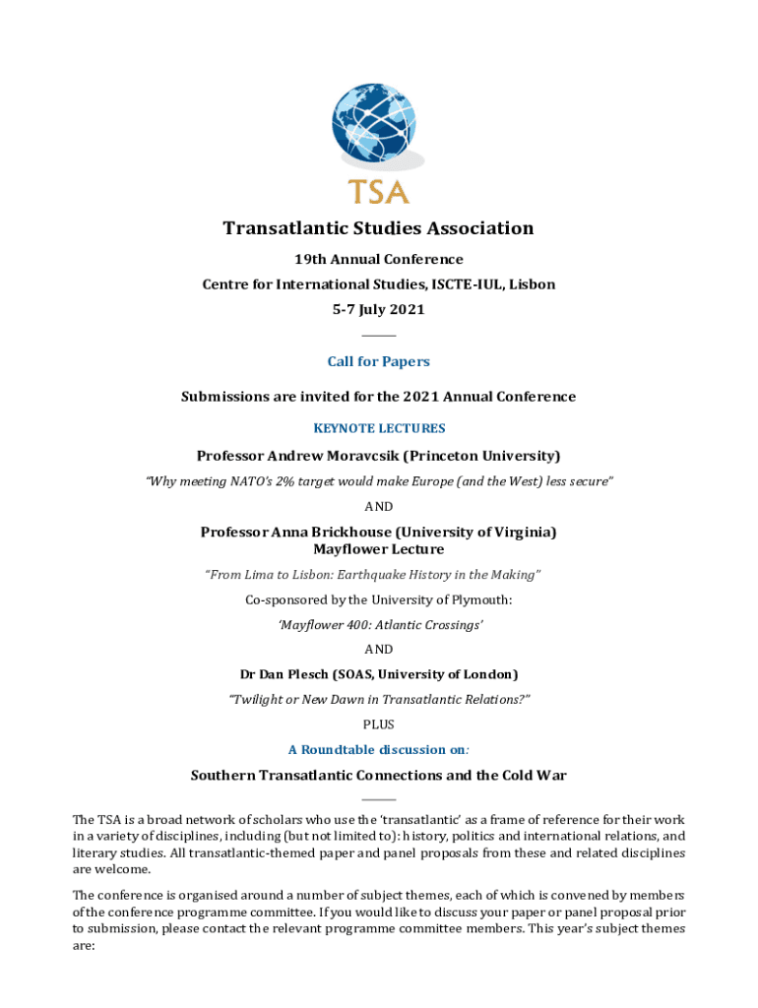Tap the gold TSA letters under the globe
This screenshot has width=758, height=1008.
[x=378, y=190]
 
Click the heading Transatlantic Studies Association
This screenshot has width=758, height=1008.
[x=378, y=228]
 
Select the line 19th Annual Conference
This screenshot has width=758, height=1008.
[x=378, y=260]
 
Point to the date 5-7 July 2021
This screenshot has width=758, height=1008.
[x=378, y=310]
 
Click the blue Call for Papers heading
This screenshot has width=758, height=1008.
[x=378, y=361]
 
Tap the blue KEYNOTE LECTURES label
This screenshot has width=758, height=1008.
[x=378, y=428]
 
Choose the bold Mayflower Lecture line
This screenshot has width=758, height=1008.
[x=378, y=549]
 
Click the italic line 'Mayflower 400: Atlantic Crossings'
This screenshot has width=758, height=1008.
[x=378, y=625]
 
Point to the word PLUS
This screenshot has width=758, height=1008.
[x=378, y=724]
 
